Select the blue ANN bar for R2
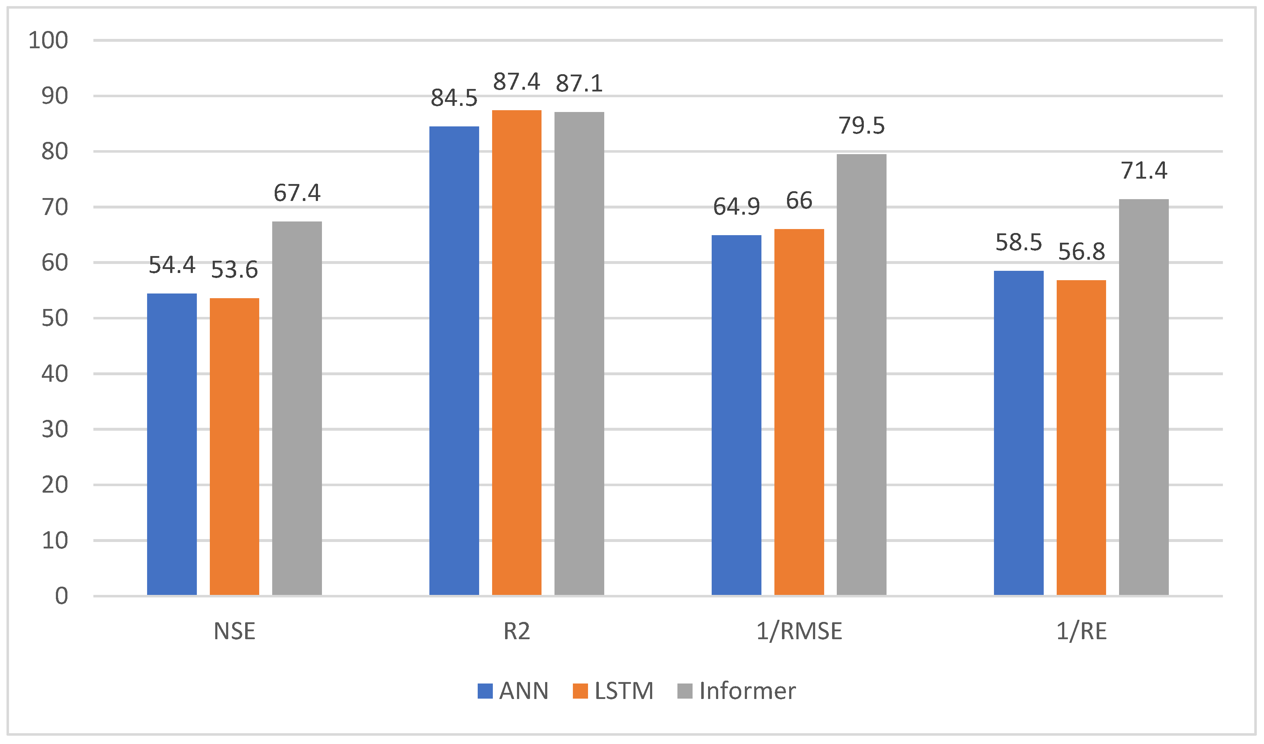[x=454, y=361]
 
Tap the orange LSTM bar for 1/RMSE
[x=799, y=412]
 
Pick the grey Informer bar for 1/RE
[x=1144, y=397]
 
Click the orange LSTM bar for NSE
[x=234, y=447]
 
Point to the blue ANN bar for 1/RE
[x=1018, y=433]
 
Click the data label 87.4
[x=516, y=82]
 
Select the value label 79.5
[x=862, y=126]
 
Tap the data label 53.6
[x=234, y=270]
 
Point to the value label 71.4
[x=1144, y=171]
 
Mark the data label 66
[x=799, y=201]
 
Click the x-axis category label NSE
[x=234, y=631]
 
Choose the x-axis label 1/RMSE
[x=799, y=631]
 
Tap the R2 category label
[x=516, y=631]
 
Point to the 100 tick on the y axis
[x=48, y=40]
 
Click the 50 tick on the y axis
[x=55, y=318]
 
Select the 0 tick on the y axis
[x=61, y=596]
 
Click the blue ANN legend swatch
[x=485, y=691]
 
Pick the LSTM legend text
[x=624, y=691]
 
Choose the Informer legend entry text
[x=747, y=691]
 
